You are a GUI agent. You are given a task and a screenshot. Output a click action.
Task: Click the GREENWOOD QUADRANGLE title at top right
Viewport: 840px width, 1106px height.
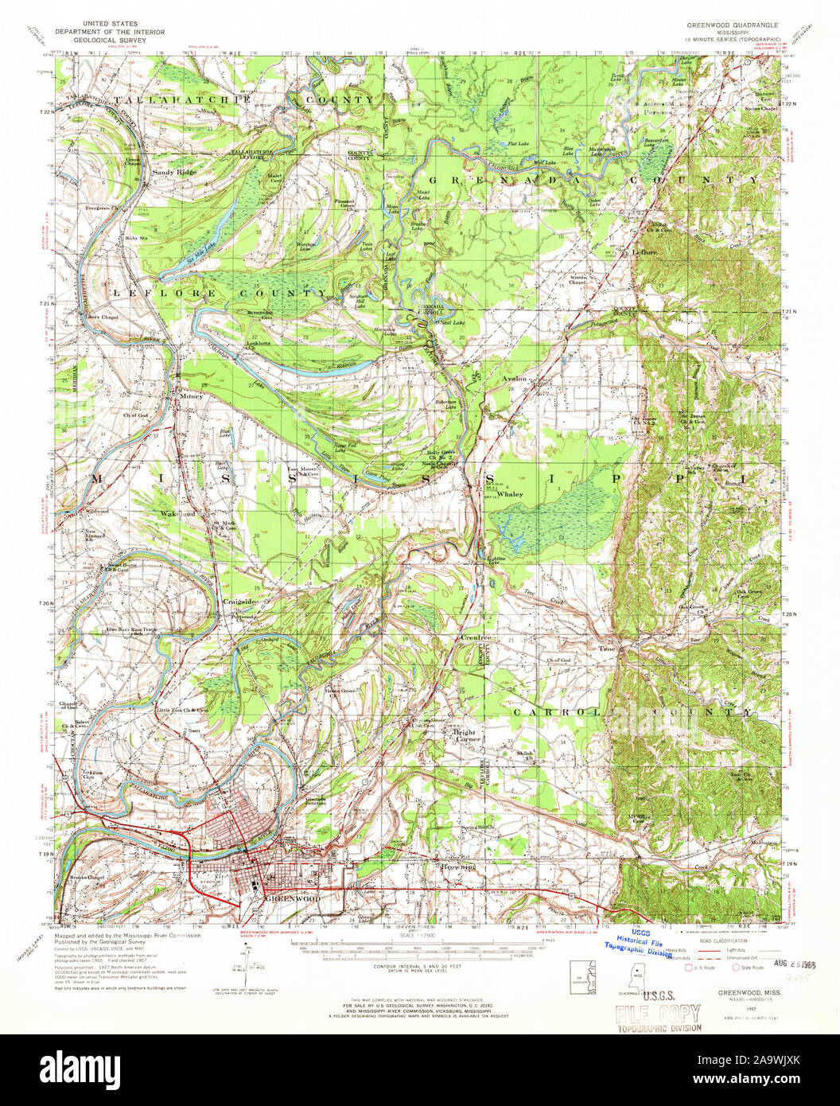click(x=733, y=25)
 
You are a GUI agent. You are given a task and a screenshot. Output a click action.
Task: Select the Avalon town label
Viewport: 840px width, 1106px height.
click(x=515, y=379)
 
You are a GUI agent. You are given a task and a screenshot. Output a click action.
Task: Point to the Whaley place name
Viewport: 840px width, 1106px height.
click(x=510, y=494)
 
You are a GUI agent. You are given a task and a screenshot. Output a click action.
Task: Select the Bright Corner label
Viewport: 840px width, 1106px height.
click(x=464, y=737)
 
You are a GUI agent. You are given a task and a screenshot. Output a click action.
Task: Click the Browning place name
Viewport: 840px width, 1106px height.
click(x=459, y=866)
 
